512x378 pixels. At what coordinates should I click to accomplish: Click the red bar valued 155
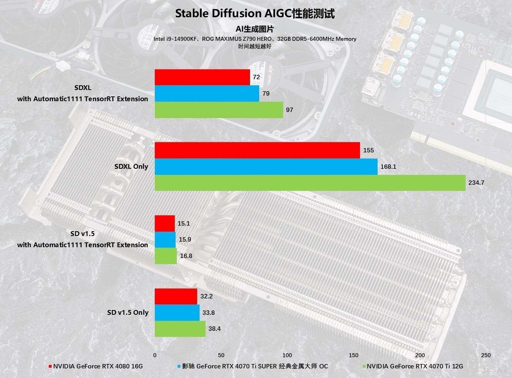coord(257,150)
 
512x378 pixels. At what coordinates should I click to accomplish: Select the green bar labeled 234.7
coord(310,183)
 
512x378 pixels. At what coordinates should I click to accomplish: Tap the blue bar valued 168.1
coord(266,166)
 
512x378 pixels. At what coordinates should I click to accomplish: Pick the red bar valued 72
coord(202,77)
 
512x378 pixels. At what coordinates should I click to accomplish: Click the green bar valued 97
coord(219,110)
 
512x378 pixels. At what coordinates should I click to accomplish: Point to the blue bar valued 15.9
coord(165,240)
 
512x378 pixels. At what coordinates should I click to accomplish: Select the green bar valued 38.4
coord(180,329)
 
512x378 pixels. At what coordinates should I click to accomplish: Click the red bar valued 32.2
coord(176,296)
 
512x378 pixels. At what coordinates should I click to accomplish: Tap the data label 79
coord(266,94)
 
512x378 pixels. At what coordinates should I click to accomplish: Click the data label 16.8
coord(186,256)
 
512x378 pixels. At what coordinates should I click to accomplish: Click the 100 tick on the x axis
coord(287,355)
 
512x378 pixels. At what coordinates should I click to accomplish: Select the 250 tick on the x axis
coord(486,355)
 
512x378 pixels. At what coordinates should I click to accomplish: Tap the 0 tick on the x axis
coord(155,355)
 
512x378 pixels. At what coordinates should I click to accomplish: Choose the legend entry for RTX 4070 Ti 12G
coord(414,366)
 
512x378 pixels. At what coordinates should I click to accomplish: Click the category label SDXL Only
coord(131,166)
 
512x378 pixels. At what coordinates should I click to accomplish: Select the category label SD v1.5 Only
coord(128,312)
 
